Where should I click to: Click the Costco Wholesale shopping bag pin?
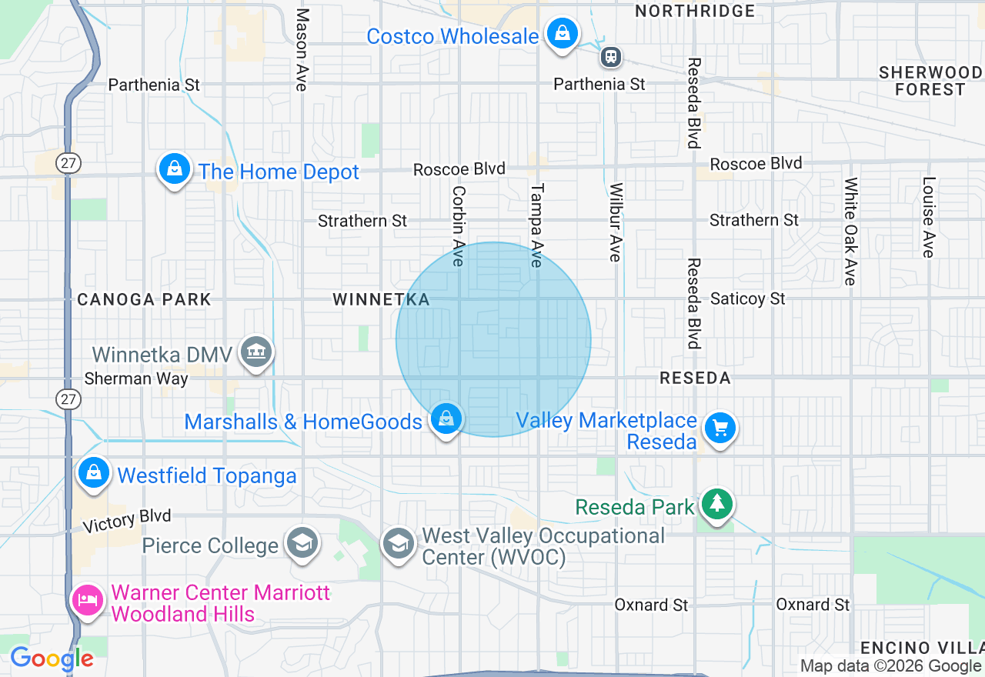click(563, 35)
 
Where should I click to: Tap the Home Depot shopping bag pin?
click(175, 169)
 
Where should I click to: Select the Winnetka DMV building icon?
click(255, 353)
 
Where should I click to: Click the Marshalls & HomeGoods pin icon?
click(446, 419)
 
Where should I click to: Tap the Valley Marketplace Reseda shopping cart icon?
click(720, 428)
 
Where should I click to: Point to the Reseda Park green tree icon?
click(716, 505)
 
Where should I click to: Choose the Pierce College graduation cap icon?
click(302, 543)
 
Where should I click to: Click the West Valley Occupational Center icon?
click(398, 544)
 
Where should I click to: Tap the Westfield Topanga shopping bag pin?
click(93, 472)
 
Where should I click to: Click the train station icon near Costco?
click(611, 57)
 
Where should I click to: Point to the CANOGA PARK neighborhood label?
click(144, 299)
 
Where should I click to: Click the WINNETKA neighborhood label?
click(381, 299)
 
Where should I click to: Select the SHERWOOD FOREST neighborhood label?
click(930, 81)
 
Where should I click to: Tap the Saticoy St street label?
click(747, 298)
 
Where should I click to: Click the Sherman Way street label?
click(136, 379)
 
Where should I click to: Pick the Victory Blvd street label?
click(127, 521)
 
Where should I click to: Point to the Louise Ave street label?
click(929, 218)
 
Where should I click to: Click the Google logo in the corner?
click(52, 659)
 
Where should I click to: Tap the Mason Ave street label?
click(302, 50)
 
